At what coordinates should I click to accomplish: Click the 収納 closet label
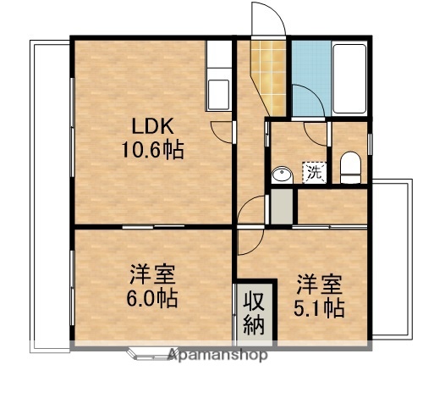point(255,312)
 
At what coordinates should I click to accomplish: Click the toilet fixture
point(350,167)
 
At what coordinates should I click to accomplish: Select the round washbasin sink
point(282,174)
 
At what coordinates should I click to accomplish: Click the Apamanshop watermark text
point(217,355)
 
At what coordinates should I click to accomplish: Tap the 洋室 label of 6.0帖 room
point(153,275)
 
